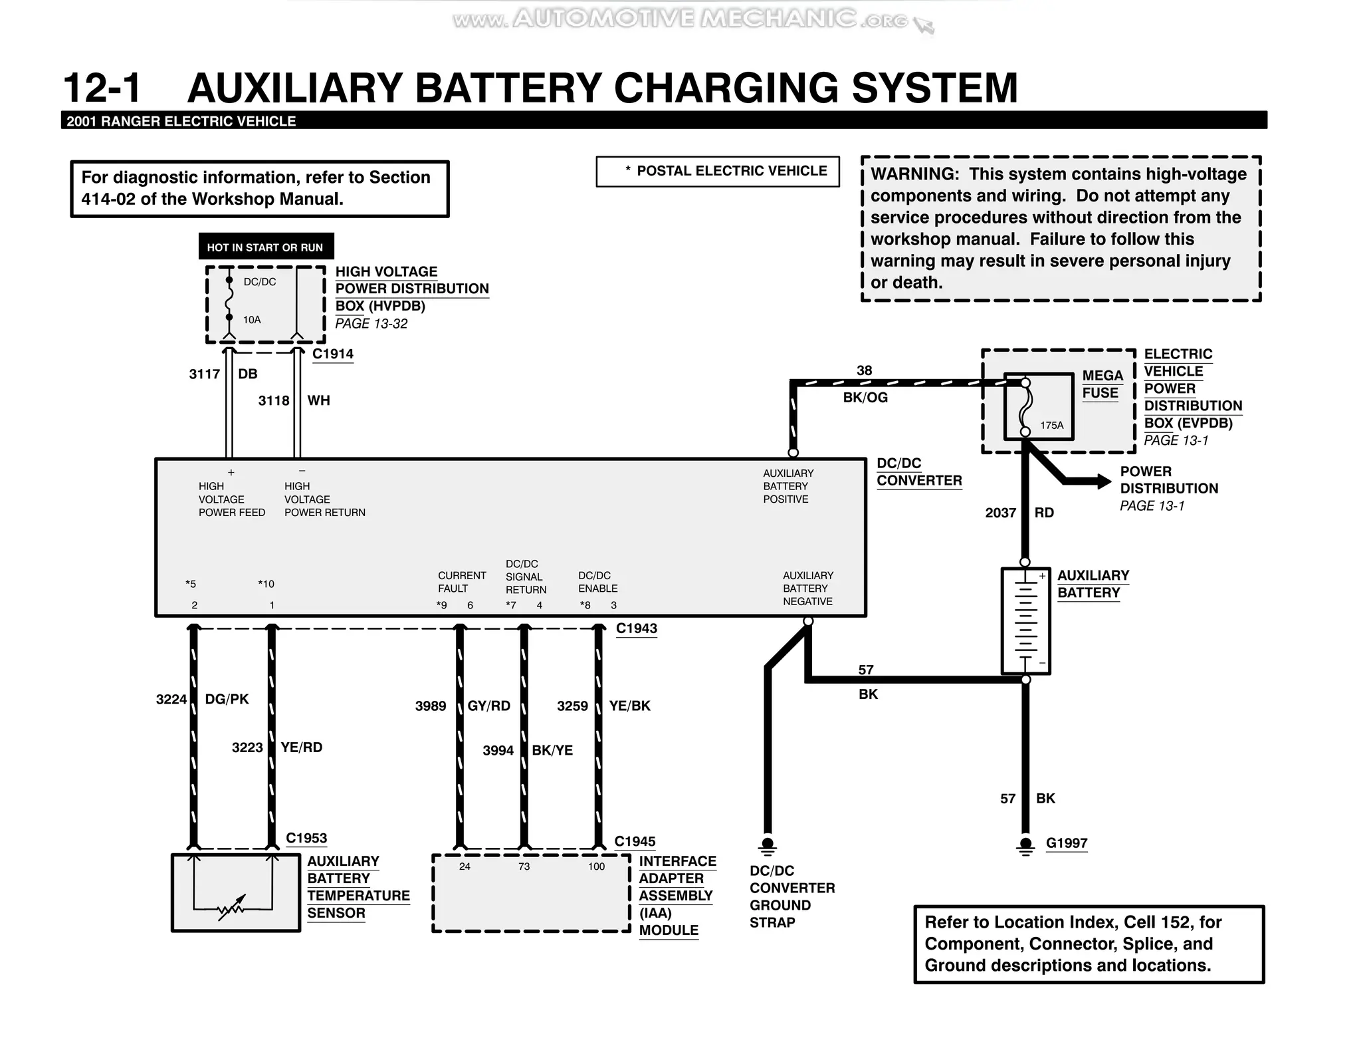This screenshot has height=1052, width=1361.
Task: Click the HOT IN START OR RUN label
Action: [x=265, y=247]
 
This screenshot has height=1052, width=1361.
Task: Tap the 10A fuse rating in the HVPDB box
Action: [x=252, y=320]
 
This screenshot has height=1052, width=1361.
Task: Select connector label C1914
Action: [x=332, y=354]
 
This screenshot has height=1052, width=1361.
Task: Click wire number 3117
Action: [x=204, y=374]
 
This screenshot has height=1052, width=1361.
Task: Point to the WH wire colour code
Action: [x=318, y=401]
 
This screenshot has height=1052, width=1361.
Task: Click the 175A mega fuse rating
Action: [x=1051, y=425]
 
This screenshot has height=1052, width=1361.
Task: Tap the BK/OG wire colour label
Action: [x=865, y=398]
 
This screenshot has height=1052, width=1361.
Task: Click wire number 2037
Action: [x=1000, y=513]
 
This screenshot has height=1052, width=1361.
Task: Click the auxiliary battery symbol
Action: [x=1025, y=620]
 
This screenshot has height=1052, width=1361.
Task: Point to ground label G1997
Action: [x=1066, y=843]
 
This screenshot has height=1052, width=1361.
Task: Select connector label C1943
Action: [x=636, y=628]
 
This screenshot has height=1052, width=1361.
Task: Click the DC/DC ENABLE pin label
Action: [x=597, y=582]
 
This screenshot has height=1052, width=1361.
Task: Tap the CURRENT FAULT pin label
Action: [x=462, y=582]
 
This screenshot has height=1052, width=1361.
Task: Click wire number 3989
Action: [x=431, y=706]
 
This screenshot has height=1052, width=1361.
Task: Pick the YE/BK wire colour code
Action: [x=629, y=706]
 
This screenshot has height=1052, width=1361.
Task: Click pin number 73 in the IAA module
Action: [x=524, y=866]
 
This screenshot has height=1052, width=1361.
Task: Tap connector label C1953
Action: [x=306, y=839]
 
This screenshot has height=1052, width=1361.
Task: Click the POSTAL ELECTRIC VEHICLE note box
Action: [x=718, y=172]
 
